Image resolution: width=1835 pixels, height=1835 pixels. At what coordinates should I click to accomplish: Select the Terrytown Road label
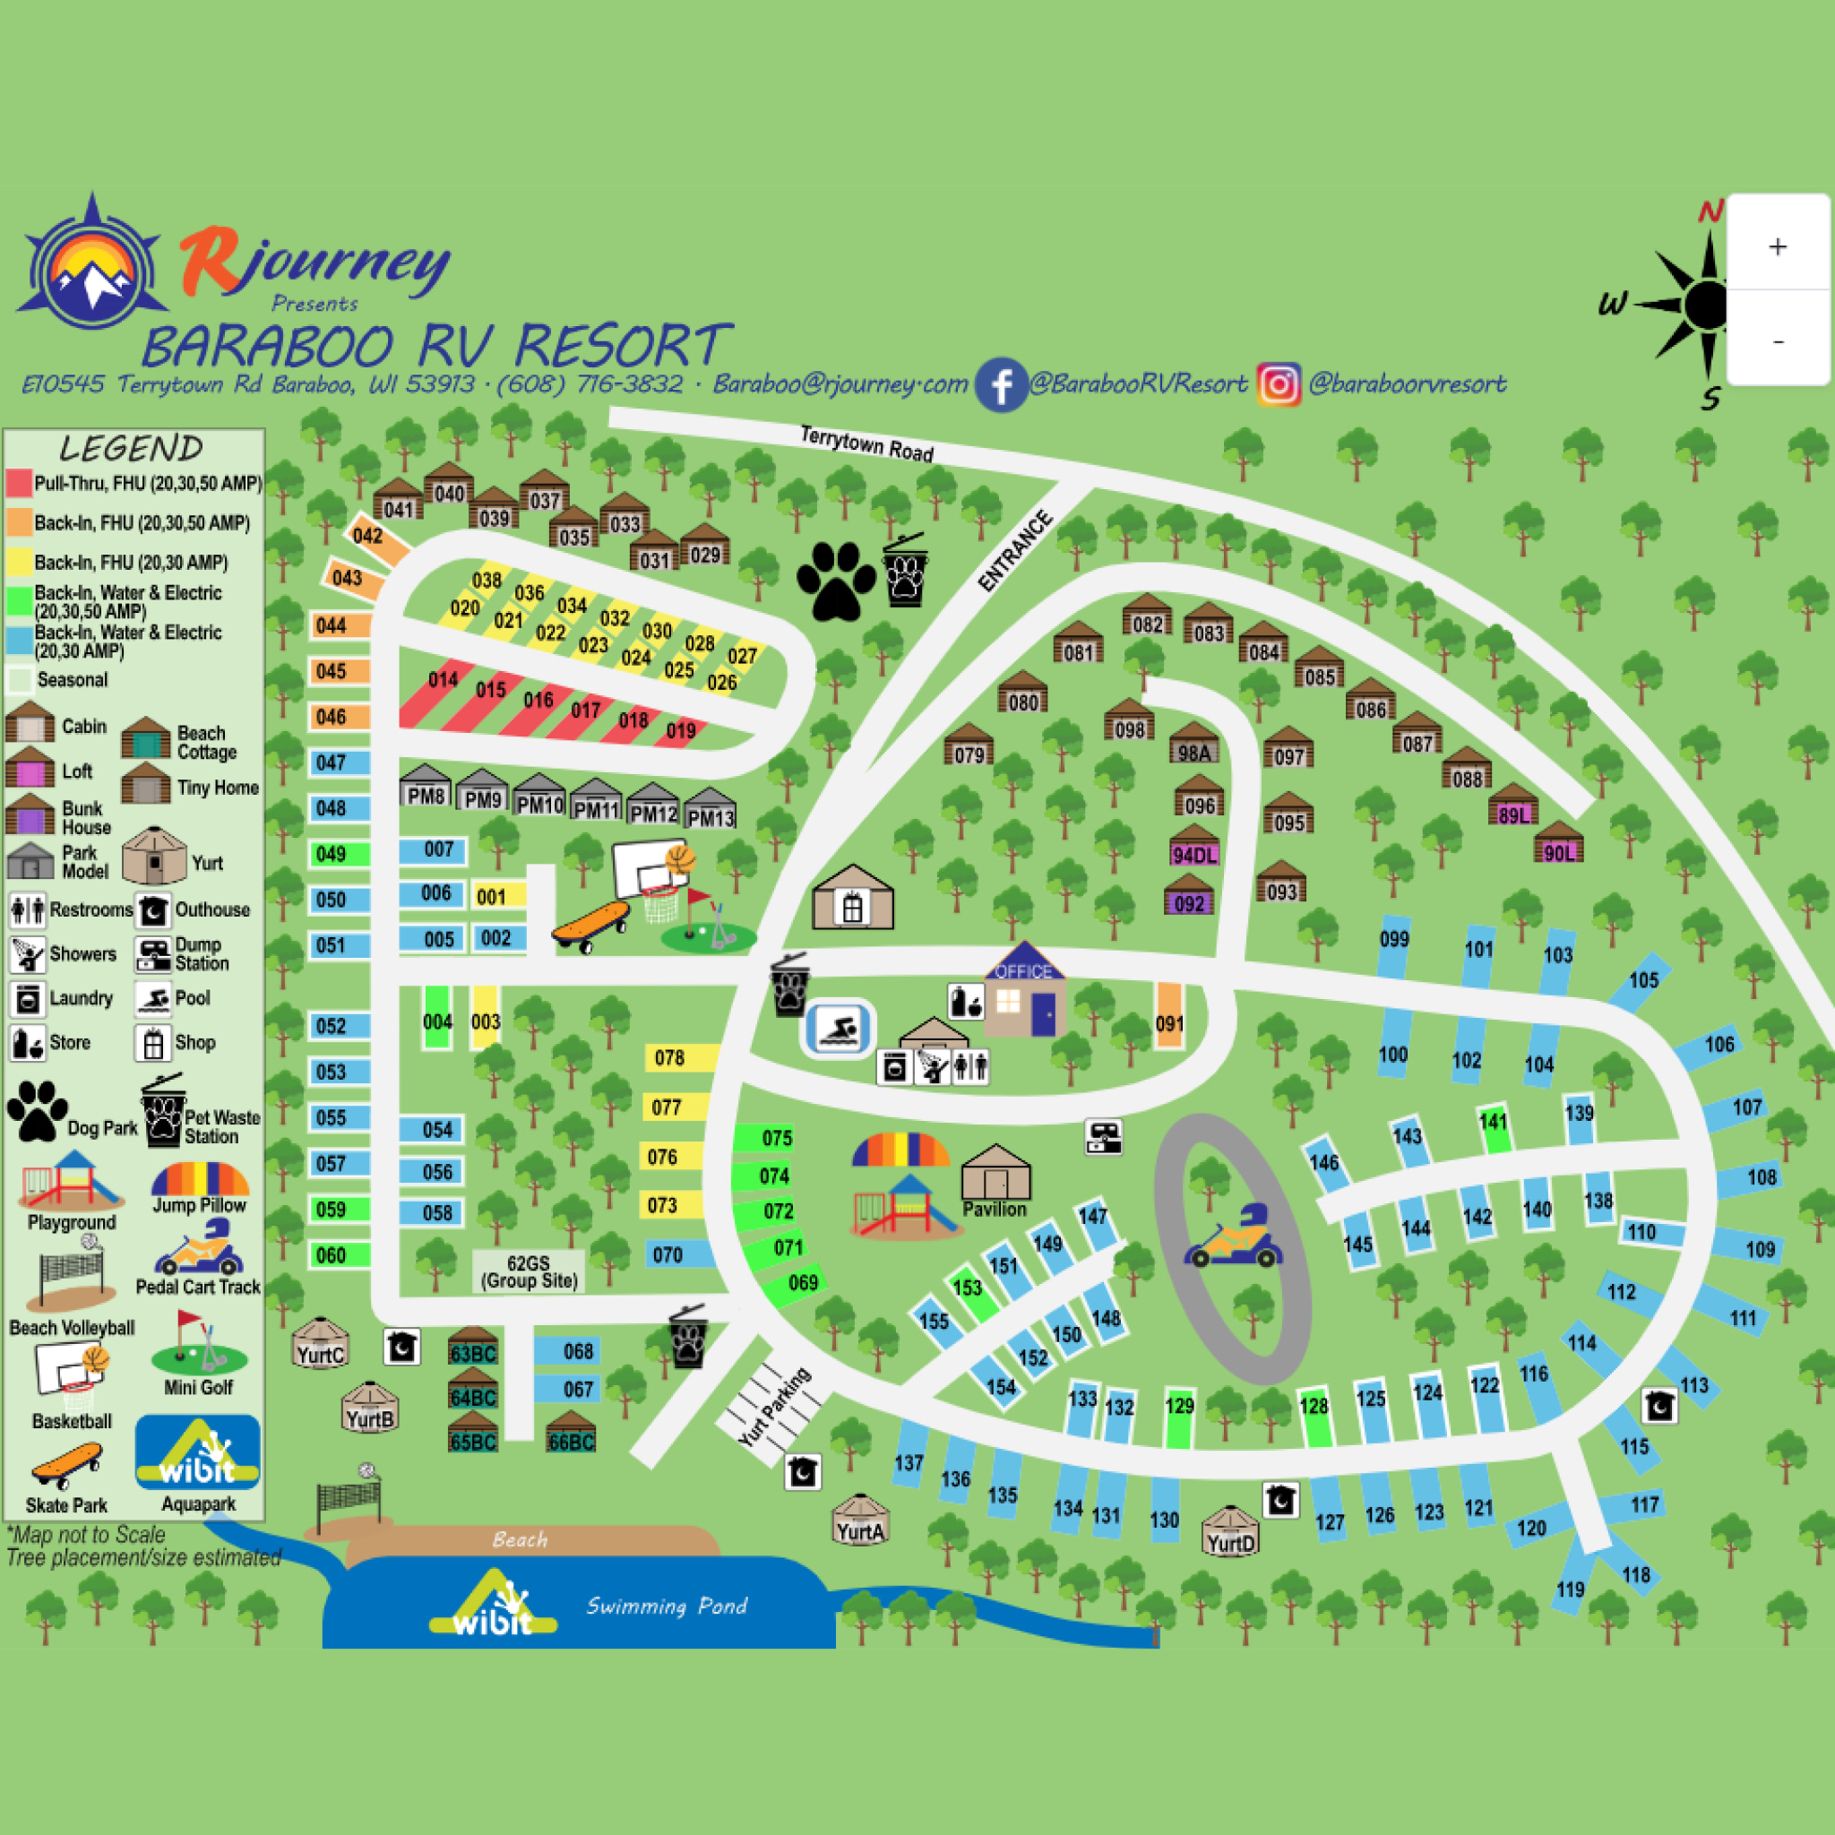point(866,443)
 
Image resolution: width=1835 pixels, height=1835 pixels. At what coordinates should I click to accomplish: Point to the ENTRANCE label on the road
point(1015,551)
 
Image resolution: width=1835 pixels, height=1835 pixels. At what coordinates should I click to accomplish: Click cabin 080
point(1022,695)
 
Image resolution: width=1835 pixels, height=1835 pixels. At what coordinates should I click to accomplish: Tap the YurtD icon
point(1230,1530)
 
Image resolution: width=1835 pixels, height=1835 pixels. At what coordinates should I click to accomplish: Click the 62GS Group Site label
point(528,1271)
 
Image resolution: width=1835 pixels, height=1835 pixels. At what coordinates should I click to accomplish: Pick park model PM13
point(711,811)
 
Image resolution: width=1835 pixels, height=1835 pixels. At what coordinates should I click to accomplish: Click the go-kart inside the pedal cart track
point(1233,1239)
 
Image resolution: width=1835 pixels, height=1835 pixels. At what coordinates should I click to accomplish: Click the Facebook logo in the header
point(1001,384)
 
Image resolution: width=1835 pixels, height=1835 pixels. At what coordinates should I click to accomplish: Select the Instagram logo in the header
point(1279,384)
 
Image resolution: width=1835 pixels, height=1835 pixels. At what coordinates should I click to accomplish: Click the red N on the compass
point(1710,211)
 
